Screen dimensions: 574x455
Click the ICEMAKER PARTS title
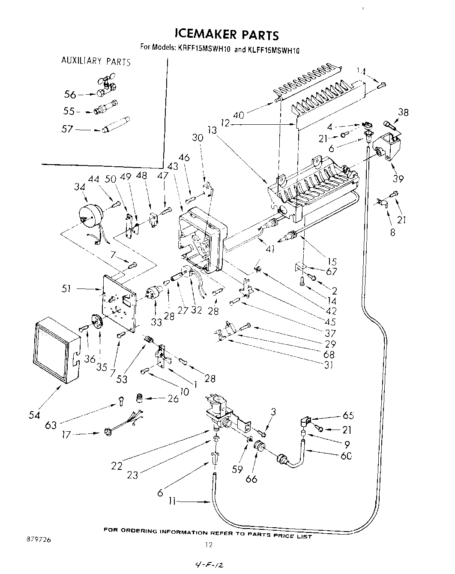pos(227,34)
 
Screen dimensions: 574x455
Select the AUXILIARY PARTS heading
pos(96,61)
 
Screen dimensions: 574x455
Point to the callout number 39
pos(398,178)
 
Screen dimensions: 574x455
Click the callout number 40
pos(239,114)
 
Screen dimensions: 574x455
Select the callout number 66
pos(251,478)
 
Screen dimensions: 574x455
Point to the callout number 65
pos(348,415)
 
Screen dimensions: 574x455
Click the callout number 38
pos(403,113)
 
